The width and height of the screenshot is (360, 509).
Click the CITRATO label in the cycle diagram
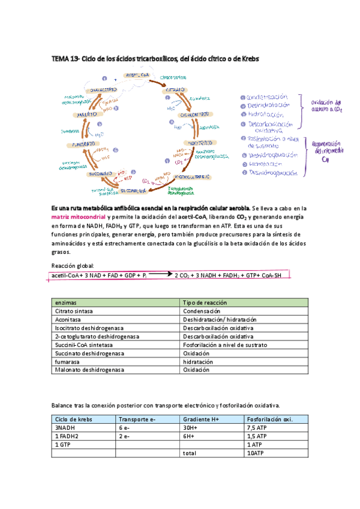pos(174,89)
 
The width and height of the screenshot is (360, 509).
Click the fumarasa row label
pos(67,362)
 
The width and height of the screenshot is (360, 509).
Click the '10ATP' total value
pos(256,453)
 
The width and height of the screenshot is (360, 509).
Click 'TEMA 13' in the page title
pos(67,58)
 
